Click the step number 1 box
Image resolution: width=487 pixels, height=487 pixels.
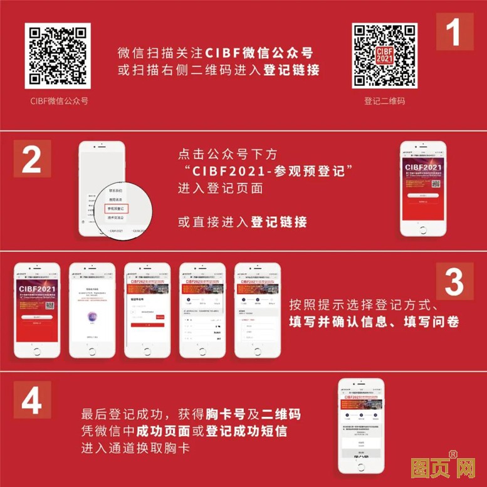(455, 31)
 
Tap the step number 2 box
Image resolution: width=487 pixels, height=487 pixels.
(31, 159)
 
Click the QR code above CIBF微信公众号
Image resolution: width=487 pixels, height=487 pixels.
(58, 55)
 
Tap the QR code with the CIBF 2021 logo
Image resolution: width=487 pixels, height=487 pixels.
(384, 55)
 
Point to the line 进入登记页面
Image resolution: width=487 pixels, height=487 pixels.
(220, 188)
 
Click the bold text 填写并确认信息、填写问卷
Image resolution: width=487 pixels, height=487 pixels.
(374, 322)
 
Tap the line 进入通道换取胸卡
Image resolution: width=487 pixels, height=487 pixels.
(135, 449)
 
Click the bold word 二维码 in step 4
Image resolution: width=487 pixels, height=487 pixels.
(281, 415)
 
